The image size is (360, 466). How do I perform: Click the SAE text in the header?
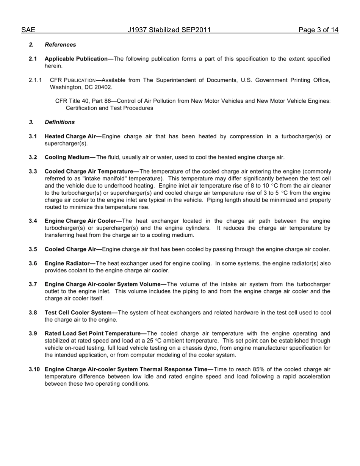(28, 30)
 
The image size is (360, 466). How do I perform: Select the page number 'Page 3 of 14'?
(318, 30)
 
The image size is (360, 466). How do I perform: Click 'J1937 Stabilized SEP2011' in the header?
(169, 30)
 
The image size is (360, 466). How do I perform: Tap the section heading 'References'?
(60, 45)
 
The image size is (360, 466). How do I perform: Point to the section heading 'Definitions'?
(59, 122)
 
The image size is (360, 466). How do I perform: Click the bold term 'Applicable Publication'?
(78, 59)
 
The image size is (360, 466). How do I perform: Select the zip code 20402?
(103, 87)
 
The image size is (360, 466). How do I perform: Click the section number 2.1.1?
(35, 80)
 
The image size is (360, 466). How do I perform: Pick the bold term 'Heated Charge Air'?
(72, 136)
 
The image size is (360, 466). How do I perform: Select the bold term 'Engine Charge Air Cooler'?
(81, 221)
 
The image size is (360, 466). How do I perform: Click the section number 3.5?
(33, 249)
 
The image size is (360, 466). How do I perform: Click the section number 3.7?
(33, 284)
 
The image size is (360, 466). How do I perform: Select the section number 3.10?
(34, 369)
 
